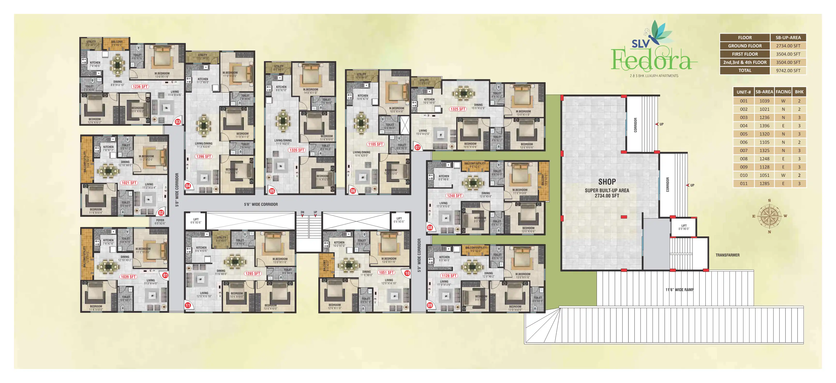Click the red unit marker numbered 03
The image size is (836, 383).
[x=178, y=122]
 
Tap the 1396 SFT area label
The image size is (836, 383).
[x=203, y=157]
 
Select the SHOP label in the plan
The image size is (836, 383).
[x=607, y=182]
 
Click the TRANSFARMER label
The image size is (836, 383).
[x=728, y=255]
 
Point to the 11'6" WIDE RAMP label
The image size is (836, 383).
[x=679, y=290]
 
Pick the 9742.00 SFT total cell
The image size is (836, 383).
[x=788, y=70]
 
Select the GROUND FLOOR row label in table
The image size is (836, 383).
[x=745, y=46]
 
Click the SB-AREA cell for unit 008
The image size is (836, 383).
[x=764, y=159]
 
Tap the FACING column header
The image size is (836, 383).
[x=783, y=92]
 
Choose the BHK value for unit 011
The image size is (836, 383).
[x=799, y=184]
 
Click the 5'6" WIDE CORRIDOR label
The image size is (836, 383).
[x=261, y=204]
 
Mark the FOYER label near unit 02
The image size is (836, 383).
[x=160, y=220]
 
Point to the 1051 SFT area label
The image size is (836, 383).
[x=386, y=273]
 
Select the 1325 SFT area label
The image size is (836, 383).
[x=458, y=109]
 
